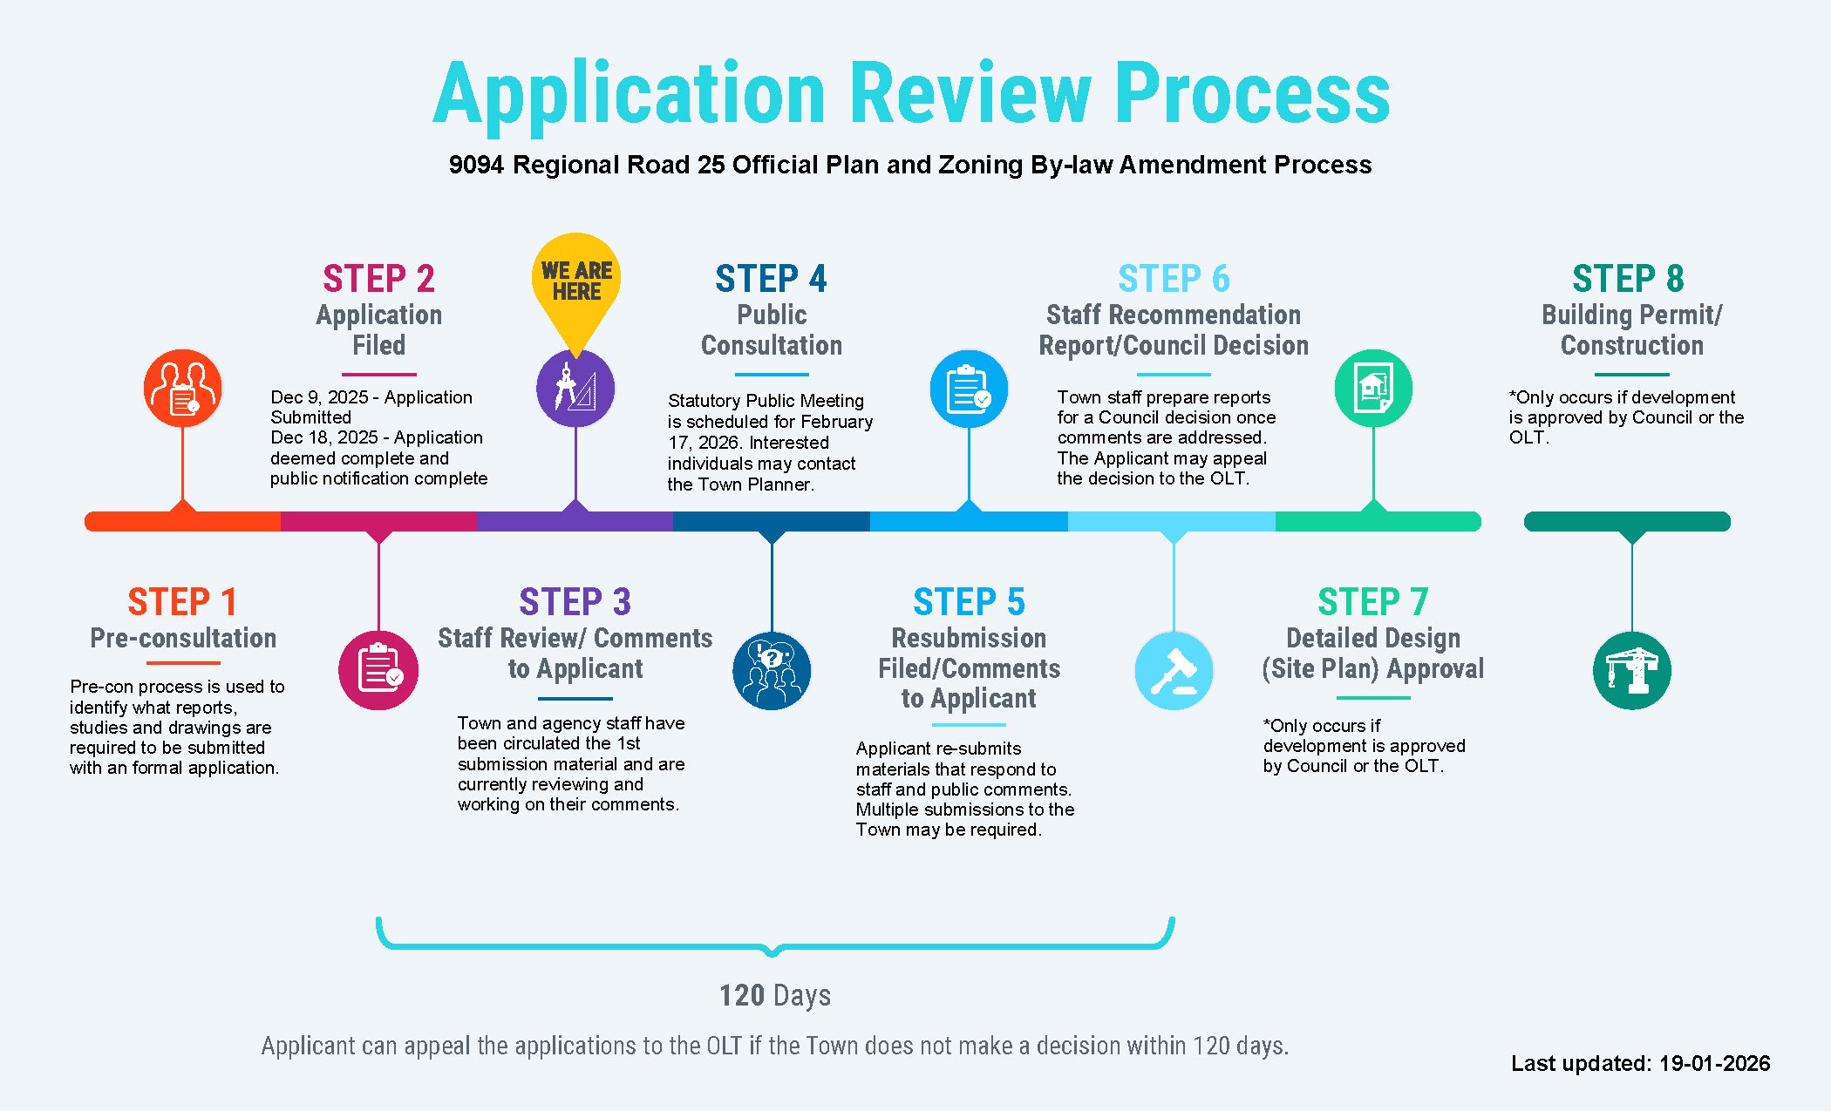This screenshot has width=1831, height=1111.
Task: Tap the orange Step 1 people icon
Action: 182,389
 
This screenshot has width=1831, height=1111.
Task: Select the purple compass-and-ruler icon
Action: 575,389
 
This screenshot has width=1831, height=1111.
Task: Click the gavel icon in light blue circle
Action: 1174,670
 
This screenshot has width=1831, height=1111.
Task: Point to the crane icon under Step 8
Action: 1631,670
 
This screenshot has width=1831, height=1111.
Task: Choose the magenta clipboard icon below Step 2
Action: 378,670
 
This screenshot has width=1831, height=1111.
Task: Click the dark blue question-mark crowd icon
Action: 772,670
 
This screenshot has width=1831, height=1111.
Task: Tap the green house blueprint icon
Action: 1373,389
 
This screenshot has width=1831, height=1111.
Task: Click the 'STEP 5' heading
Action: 969,602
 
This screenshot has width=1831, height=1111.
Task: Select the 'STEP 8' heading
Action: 1628,279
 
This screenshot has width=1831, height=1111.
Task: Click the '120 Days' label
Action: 774,995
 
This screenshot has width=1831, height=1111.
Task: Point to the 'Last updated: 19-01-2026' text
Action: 1640,1063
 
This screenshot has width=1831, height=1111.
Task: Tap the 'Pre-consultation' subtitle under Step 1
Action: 183,638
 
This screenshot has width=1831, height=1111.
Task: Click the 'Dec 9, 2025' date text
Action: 318,397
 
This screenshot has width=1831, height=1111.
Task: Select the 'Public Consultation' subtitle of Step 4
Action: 772,329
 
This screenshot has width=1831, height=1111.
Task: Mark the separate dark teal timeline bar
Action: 1627,521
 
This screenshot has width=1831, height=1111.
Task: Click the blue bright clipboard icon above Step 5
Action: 969,389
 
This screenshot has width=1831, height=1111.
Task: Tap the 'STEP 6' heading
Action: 1174,279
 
